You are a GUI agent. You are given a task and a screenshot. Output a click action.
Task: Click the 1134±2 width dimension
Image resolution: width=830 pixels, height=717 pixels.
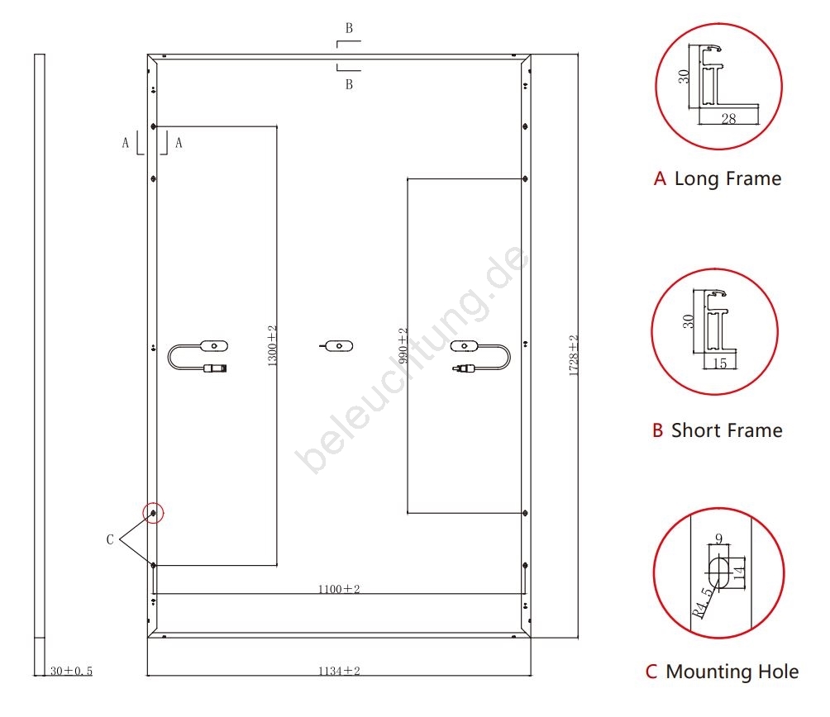tap(339, 671)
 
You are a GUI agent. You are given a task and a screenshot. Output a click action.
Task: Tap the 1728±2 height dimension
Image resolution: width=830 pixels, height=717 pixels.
tap(573, 356)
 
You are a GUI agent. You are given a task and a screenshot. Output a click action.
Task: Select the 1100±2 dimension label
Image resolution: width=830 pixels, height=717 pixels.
tap(339, 589)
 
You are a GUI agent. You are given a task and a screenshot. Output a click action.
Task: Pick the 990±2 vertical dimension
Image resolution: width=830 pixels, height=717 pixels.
tap(403, 346)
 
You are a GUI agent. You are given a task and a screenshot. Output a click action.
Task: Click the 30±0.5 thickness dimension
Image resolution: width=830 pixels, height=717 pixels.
tap(71, 672)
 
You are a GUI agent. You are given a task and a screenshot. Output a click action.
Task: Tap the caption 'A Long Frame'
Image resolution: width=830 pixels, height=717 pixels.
tap(717, 178)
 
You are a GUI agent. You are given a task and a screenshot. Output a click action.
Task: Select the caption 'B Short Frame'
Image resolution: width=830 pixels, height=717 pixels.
tap(717, 430)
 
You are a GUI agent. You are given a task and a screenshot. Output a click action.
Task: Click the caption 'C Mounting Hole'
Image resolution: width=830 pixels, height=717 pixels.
tap(722, 672)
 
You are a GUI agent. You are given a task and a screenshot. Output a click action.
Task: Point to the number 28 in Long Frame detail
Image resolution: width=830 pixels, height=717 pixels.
tap(728, 119)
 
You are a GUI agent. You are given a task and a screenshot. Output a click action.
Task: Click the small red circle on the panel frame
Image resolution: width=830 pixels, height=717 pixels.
tap(154, 513)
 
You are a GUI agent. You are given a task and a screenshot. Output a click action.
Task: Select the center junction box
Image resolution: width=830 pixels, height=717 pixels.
tap(336, 345)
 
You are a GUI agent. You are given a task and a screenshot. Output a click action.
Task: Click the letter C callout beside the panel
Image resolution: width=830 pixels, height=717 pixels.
tap(110, 539)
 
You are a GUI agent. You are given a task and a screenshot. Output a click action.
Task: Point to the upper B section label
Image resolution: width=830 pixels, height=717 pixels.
tap(349, 28)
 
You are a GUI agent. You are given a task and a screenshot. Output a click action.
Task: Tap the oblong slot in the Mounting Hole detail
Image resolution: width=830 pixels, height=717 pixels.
tap(718, 571)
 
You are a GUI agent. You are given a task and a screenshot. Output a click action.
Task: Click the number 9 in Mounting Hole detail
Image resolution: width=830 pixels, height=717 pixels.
tap(718, 539)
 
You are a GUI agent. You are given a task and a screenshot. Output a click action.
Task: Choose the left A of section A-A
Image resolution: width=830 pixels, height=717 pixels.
tap(126, 142)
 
